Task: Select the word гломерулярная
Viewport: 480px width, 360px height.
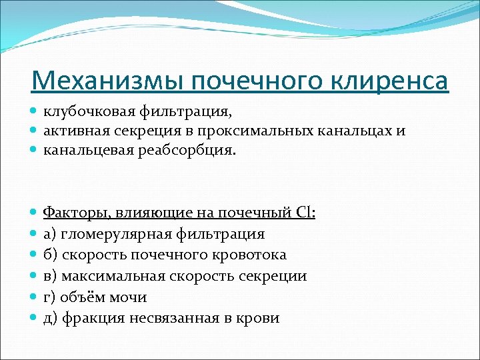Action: (116, 234)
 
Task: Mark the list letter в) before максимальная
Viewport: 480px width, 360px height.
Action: (51, 276)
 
